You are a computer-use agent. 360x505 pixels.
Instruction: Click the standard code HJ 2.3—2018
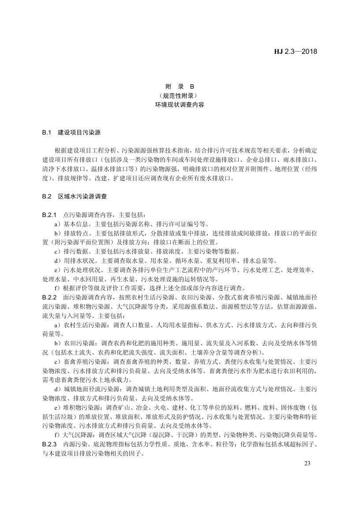coord(296,51)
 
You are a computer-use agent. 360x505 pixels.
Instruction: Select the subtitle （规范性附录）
coord(180,96)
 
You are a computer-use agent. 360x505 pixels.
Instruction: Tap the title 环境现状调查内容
coord(180,105)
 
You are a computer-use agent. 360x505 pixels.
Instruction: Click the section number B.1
coord(47,132)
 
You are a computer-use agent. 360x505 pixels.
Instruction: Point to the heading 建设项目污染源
coord(79,132)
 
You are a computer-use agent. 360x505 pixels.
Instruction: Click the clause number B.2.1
coord(50,215)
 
